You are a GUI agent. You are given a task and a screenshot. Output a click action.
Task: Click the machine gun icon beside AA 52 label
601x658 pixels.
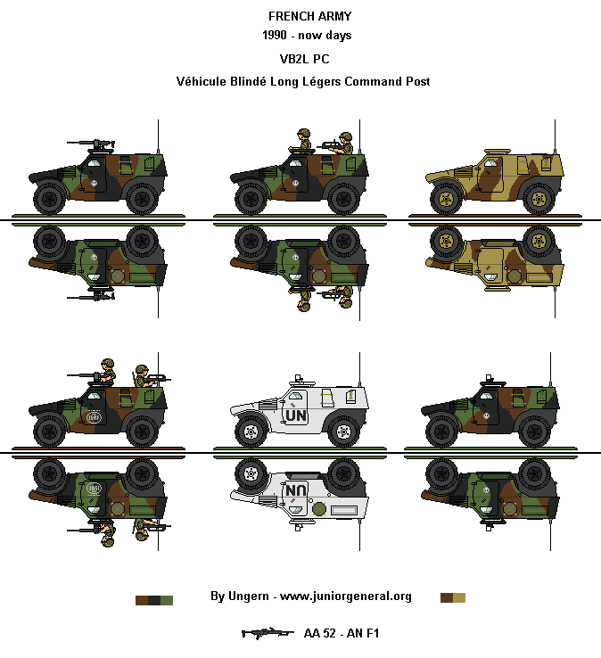267,633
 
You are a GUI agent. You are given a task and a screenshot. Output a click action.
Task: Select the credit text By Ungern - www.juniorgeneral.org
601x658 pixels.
310,596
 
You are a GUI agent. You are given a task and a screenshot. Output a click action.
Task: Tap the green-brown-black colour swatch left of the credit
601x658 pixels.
153,600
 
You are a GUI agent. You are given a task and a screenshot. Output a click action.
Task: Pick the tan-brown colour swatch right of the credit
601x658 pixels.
453,596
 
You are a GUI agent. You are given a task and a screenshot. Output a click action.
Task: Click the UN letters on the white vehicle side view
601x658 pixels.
294,416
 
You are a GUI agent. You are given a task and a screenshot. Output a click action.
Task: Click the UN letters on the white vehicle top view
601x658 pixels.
294,489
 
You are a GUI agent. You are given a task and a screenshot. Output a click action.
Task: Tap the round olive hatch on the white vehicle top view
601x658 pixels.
319,510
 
